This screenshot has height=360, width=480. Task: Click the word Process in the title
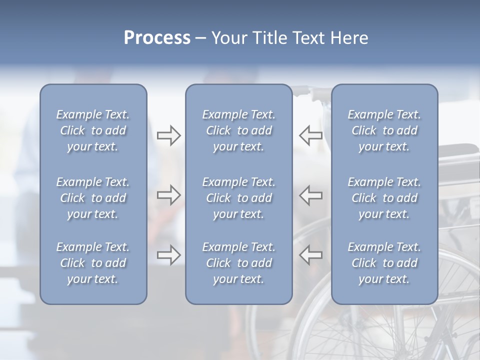pyautogui.click(x=157, y=38)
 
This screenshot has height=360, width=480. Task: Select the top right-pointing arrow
pyautogui.click(x=169, y=135)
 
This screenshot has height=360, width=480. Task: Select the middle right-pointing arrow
pyautogui.click(x=169, y=195)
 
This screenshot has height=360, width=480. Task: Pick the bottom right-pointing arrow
pyautogui.click(x=169, y=255)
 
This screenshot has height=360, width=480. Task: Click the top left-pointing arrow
pyautogui.click(x=310, y=135)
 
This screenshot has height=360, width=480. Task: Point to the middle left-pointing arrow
pyautogui.click(x=310, y=195)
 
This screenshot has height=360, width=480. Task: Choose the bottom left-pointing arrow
pyautogui.click(x=310, y=255)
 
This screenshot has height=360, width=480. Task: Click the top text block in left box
pyautogui.click(x=93, y=130)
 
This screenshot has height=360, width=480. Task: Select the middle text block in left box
pyautogui.click(x=93, y=198)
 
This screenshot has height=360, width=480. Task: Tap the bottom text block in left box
pyautogui.click(x=93, y=263)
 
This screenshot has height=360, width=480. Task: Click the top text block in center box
pyautogui.click(x=238, y=130)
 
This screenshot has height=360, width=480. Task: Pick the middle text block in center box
pyautogui.click(x=238, y=198)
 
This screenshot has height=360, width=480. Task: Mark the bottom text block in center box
pyautogui.click(x=238, y=263)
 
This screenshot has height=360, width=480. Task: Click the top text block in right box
pyautogui.click(x=384, y=130)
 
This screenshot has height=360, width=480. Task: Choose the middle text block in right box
pyautogui.click(x=384, y=198)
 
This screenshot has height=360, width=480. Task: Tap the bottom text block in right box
pyautogui.click(x=384, y=263)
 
